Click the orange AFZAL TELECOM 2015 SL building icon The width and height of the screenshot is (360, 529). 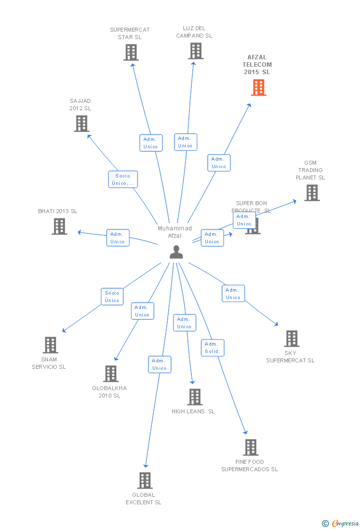point(259,88)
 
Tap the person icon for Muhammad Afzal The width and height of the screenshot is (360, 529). point(176,252)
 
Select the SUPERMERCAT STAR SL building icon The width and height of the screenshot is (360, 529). point(131,52)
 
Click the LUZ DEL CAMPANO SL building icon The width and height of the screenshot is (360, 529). point(195,51)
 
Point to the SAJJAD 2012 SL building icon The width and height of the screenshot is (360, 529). point(82,124)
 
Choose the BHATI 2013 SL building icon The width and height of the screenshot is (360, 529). point(59,226)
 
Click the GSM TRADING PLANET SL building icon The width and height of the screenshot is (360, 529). point(312,193)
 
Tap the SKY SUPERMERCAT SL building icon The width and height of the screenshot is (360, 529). point(292,339)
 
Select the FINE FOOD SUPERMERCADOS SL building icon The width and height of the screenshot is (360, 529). point(251,447)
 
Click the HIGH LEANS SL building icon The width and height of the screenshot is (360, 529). point(195,397)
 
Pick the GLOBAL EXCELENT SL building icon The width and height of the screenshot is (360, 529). point(145,480)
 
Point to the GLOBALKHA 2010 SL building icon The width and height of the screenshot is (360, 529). point(111,374)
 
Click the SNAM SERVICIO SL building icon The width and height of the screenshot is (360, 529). point(50,345)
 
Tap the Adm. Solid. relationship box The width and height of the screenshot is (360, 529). point(213,348)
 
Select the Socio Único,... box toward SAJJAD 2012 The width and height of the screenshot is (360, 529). point(123,179)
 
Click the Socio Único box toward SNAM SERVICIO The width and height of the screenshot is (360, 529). point(112,297)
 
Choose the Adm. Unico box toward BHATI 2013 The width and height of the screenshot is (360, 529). point(118,238)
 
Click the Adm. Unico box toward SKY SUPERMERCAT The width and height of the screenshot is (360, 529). point(233,294)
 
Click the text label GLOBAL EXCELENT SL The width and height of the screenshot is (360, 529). point(143,498)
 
